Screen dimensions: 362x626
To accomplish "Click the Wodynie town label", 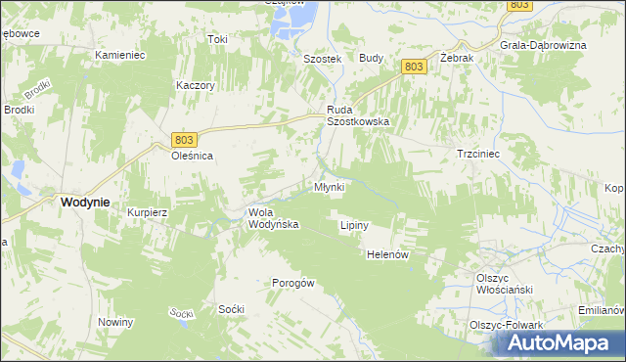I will (x=84, y=202).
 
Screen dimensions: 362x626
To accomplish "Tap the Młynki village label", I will (x=329, y=187).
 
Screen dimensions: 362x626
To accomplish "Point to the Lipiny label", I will (x=353, y=225).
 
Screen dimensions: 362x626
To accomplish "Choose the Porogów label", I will (x=292, y=284).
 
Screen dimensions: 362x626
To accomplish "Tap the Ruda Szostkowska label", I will (x=358, y=115).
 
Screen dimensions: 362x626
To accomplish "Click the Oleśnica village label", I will (x=193, y=156).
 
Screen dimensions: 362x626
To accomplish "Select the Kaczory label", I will (x=196, y=85).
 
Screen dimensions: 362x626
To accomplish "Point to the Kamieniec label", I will (x=120, y=55).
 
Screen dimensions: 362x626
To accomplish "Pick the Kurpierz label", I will (x=148, y=212).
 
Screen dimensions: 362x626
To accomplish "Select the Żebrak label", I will (x=457, y=59).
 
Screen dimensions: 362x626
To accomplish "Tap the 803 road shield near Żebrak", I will (x=414, y=66).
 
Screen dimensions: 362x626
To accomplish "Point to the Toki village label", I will (x=217, y=40).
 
